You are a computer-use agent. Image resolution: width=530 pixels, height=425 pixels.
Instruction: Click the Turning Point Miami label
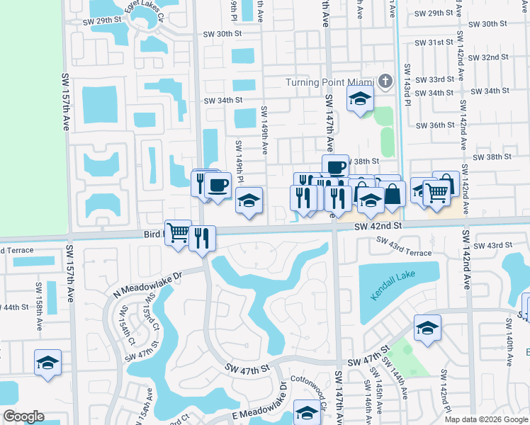click(329, 81)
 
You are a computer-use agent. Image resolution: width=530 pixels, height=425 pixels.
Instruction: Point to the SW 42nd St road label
click(378, 225)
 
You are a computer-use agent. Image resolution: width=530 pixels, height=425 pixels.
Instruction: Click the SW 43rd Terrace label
click(403, 247)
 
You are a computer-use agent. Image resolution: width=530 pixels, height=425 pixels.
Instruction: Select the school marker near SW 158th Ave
click(48, 363)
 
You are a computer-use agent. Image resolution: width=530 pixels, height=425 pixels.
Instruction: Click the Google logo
click(23, 417)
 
